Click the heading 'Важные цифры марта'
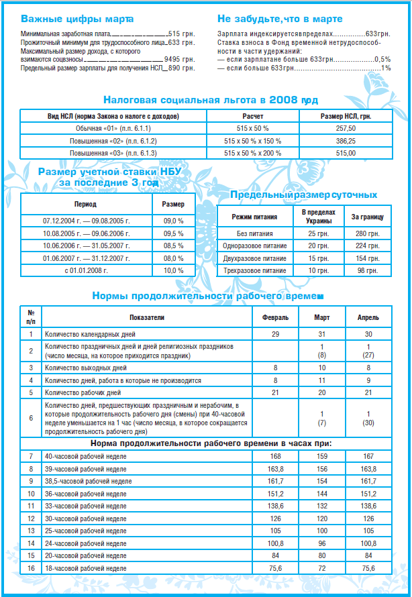click(77, 19)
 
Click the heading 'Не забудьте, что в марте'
click(280, 19)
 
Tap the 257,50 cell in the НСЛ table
click(345, 127)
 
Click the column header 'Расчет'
click(252, 115)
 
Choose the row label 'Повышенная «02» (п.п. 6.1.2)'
click(111, 140)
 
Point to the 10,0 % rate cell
click(172, 270)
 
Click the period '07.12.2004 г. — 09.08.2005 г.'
click(86, 221)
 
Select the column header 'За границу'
click(368, 218)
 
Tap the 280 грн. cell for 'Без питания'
click(368, 233)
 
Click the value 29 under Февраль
click(275, 333)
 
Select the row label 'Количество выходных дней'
click(85, 368)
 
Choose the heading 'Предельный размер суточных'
click(303, 195)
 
